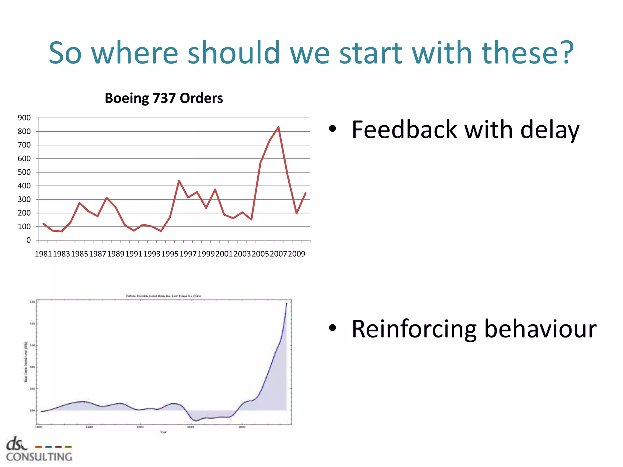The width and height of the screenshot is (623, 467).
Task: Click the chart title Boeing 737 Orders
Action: pyautogui.click(x=164, y=98)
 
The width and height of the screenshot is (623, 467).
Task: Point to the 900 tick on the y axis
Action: pyautogui.click(x=24, y=118)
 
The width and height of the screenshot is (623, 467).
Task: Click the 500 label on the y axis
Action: pyautogui.click(x=24, y=172)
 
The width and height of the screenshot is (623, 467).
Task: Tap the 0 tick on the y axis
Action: pyautogui.click(x=28, y=240)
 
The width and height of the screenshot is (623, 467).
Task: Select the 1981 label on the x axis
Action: pyautogui.click(x=43, y=254)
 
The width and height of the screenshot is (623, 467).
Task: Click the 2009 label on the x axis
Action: pyautogui.click(x=297, y=254)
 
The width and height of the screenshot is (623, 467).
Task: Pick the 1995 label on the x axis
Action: pyautogui.click(x=170, y=254)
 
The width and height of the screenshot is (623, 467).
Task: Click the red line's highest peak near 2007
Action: pyautogui.click(x=278, y=127)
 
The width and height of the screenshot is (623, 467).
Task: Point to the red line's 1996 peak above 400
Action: pyautogui.click(x=179, y=181)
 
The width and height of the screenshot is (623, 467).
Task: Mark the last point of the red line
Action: pyautogui.click(x=305, y=193)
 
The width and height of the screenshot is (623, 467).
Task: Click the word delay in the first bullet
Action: pyautogui.click(x=550, y=130)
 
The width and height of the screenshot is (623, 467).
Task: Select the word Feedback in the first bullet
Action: pyautogui.click(x=404, y=130)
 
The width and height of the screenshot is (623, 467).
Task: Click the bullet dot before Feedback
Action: pyautogui.click(x=332, y=129)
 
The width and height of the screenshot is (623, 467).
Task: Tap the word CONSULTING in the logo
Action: pyautogui.click(x=39, y=457)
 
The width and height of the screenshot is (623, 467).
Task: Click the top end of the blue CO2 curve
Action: pyautogui.click(x=287, y=303)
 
